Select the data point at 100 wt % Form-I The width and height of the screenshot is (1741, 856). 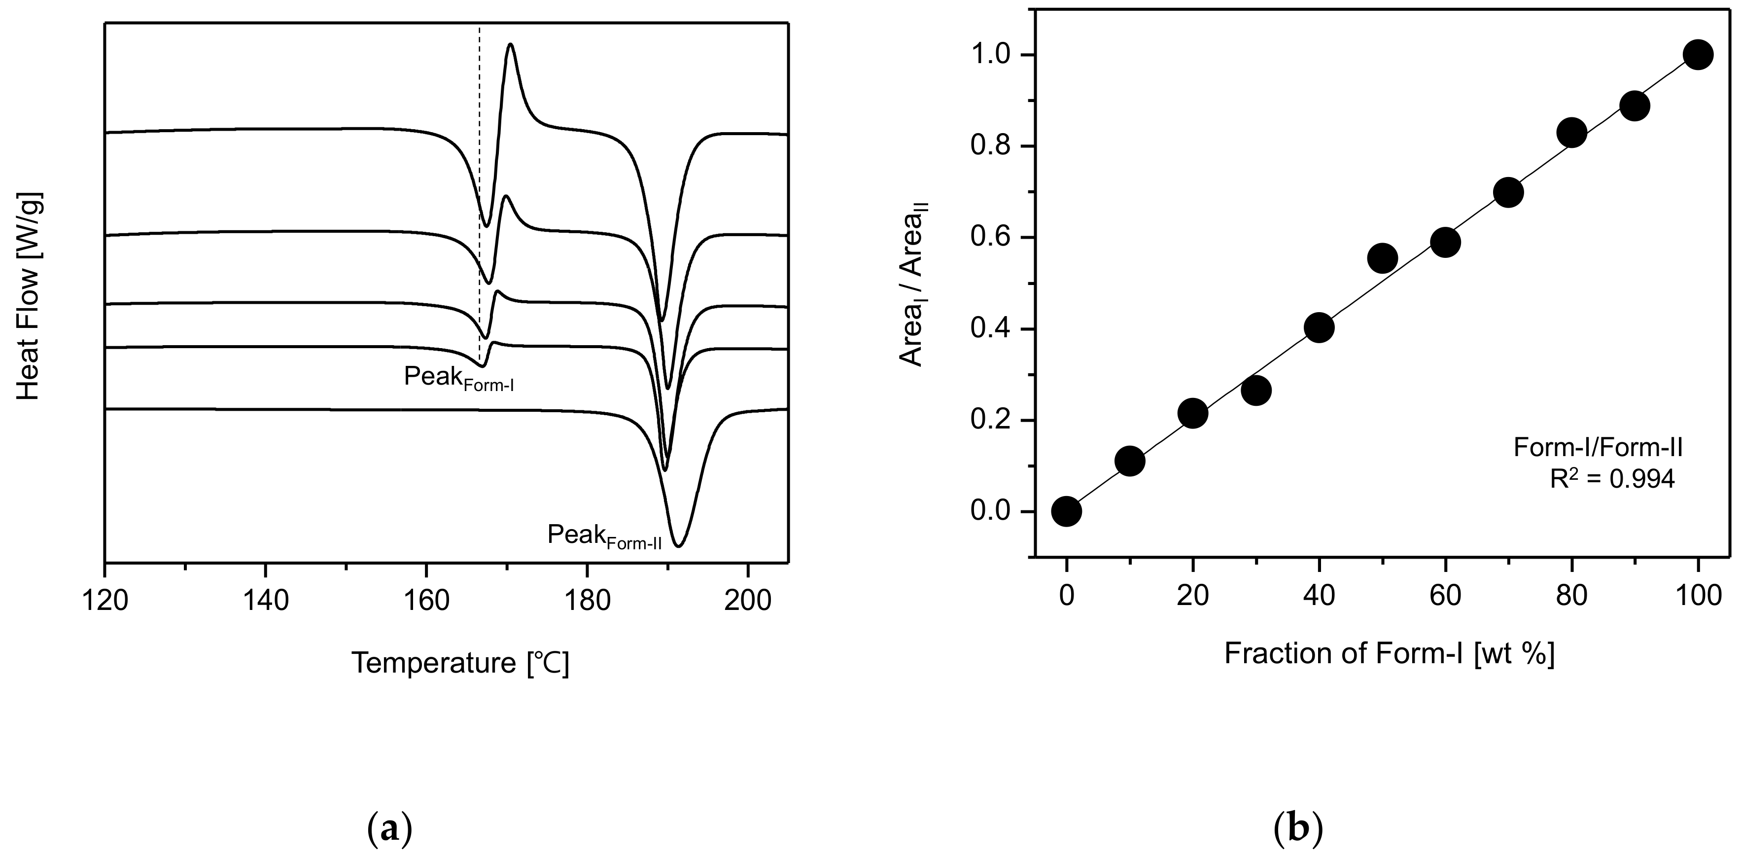(1698, 55)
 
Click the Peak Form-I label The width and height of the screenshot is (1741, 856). (459, 379)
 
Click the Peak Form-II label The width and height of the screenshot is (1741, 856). (603, 536)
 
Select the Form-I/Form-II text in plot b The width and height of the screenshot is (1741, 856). (1598, 448)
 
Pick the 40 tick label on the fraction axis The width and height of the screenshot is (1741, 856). (1319, 596)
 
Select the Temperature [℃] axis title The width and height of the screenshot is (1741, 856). (460, 663)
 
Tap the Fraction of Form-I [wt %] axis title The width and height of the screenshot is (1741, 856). (1390, 654)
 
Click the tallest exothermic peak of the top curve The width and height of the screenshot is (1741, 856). (510, 45)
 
